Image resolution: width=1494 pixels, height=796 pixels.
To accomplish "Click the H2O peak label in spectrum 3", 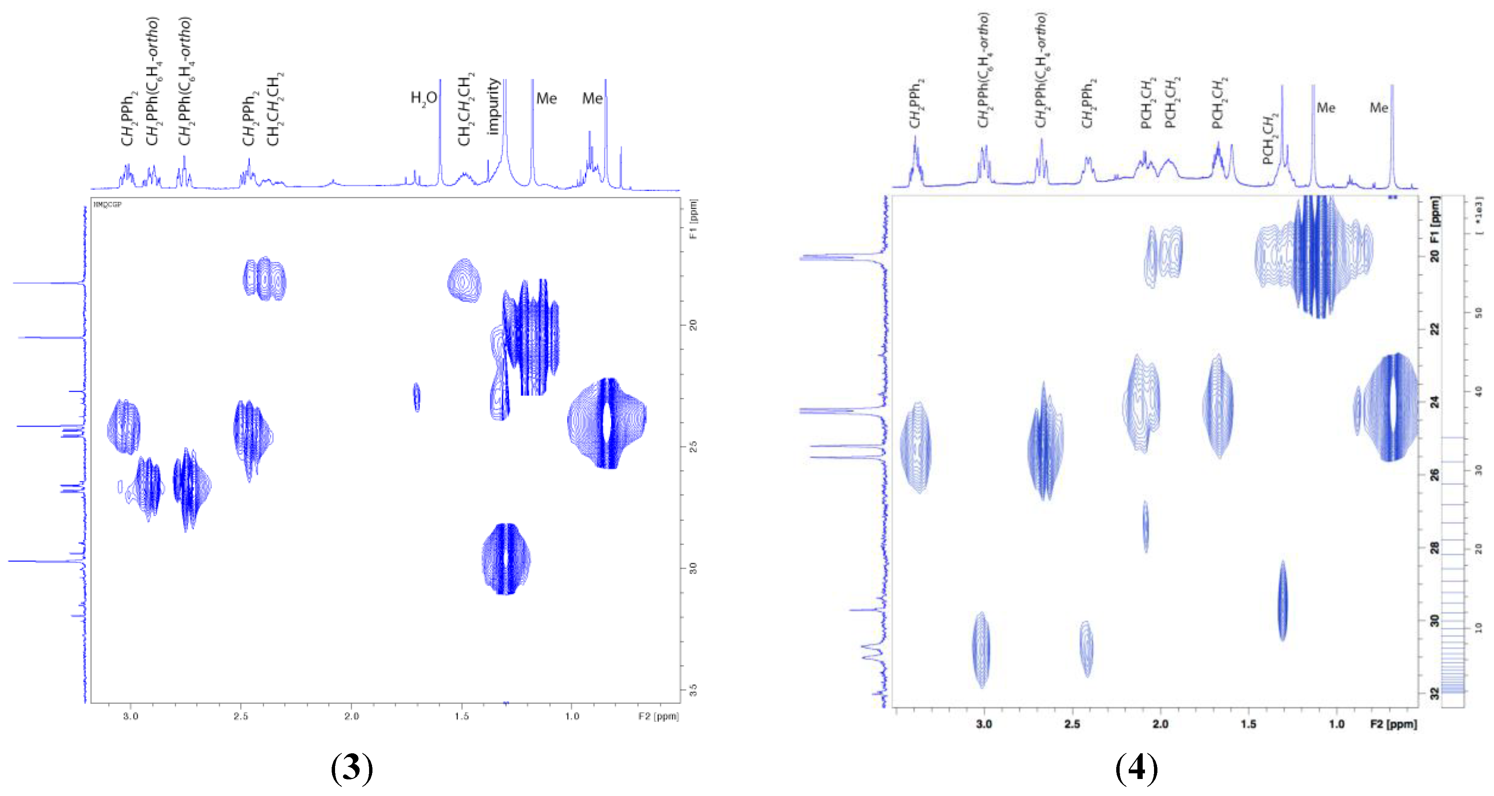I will [423, 99].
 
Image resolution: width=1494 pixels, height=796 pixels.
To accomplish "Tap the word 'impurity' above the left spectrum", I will [494, 107].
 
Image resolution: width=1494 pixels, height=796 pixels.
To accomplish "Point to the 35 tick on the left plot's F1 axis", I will [693, 690].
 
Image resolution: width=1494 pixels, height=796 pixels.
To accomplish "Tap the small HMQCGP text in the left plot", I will [107, 205].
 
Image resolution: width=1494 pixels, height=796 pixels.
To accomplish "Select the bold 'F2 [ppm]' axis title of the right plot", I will [1393, 724].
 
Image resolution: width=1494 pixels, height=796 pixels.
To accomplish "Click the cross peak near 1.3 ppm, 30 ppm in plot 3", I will [506, 559].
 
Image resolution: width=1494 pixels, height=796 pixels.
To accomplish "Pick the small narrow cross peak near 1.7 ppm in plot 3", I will [416, 397].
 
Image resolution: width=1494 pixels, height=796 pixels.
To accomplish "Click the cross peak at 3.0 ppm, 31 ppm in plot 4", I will [981, 650].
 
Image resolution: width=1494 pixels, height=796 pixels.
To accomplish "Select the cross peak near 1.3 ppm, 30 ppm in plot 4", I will [1282, 601].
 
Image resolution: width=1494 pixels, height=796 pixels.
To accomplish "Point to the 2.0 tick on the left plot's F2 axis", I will [351, 716].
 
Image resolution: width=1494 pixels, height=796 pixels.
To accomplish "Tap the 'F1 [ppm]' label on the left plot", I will [694, 219].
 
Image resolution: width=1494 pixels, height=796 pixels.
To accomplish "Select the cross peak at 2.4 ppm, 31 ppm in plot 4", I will [1086, 648].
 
